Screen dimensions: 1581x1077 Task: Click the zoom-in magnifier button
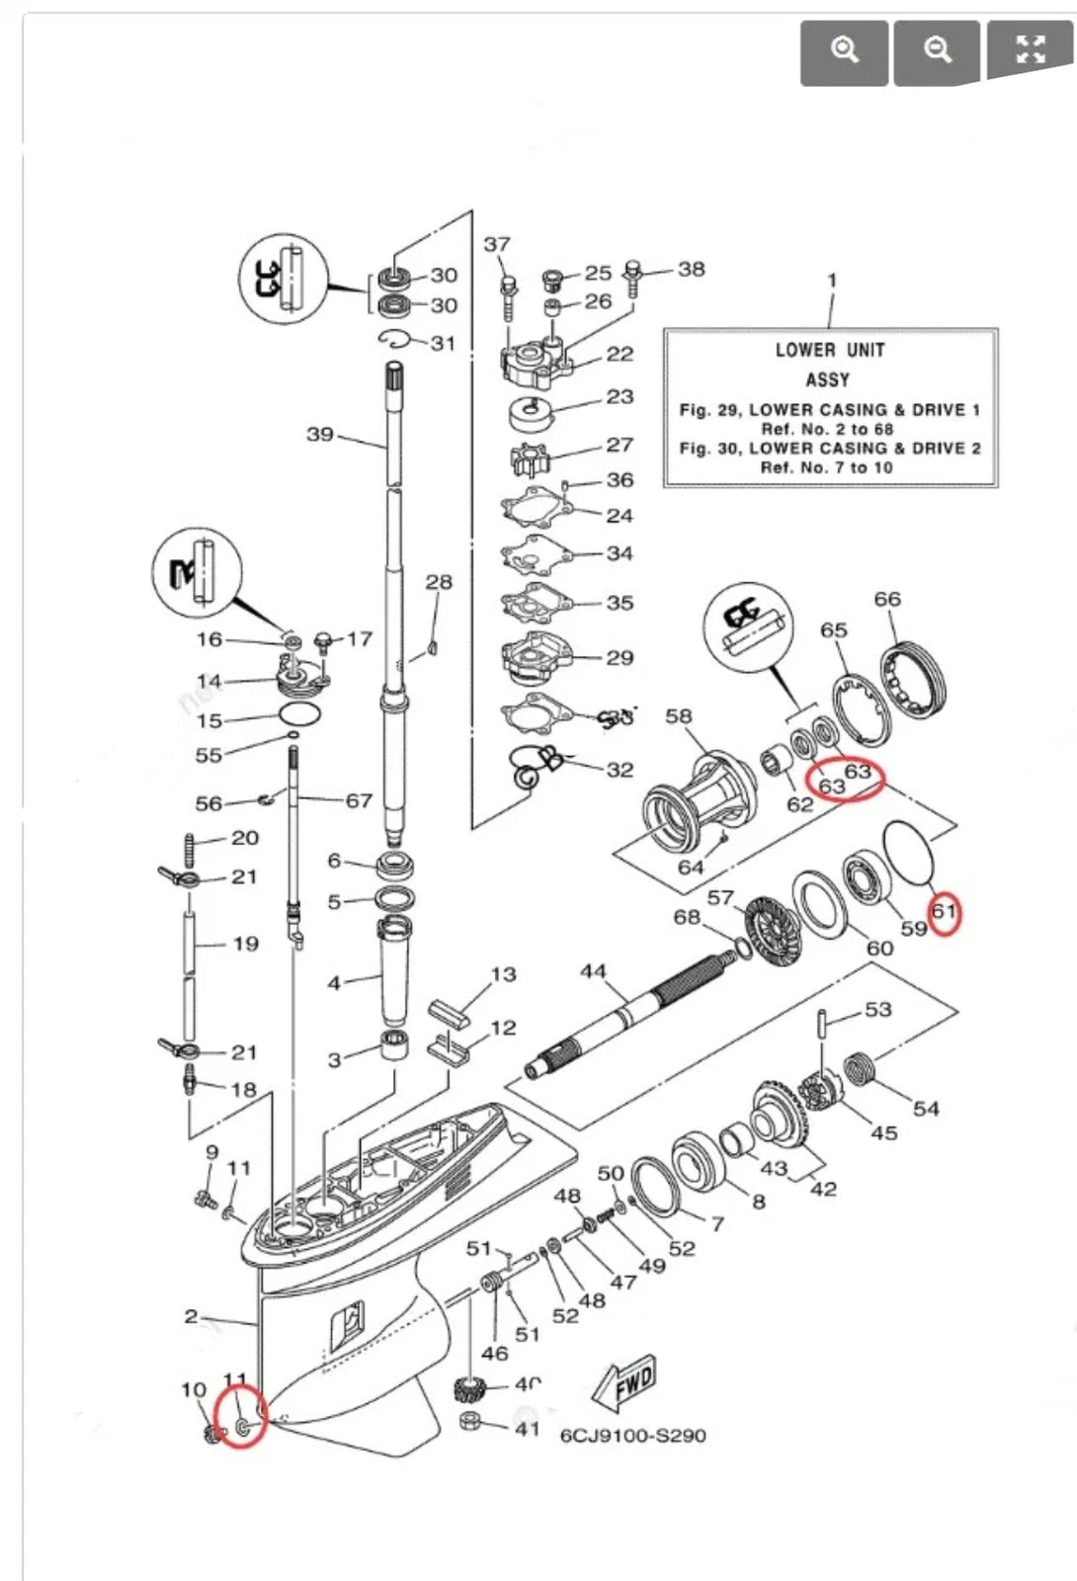tap(844, 50)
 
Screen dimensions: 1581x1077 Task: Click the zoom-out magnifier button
tap(937, 50)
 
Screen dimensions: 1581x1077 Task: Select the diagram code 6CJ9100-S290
tap(632, 1435)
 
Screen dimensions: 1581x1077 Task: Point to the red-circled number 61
tap(945, 910)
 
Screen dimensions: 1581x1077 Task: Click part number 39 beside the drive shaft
tap(320, 434)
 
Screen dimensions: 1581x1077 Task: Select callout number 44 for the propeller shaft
tap(593, 971)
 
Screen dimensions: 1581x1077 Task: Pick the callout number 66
tap(887, 599)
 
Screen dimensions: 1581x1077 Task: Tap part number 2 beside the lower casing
tap(191, 1316)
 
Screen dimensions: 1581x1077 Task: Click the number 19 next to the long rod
tap(245, 944)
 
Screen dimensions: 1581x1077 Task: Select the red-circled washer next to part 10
tap(243, 1427)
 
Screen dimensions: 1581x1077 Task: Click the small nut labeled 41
tap(471, 1423)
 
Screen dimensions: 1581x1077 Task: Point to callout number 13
tap(503, 974)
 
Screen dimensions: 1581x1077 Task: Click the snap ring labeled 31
tap(395, 340)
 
